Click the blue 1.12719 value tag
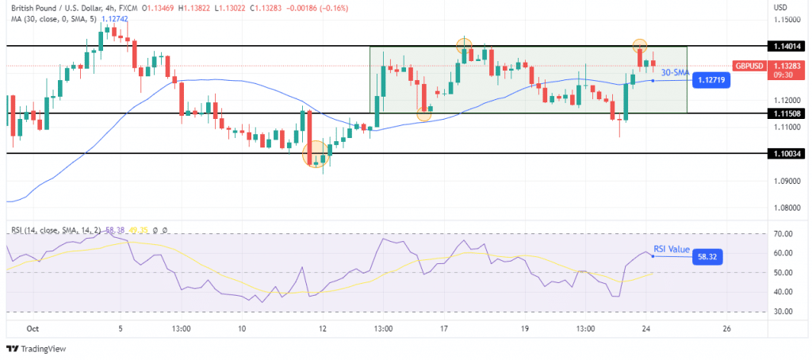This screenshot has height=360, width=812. click(x=711, y=80)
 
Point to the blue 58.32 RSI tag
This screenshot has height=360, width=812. click(x=708, y=257)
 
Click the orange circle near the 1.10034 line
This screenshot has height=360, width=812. click(x=316, y=154)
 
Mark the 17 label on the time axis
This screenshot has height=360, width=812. click(x=446, y=328)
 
